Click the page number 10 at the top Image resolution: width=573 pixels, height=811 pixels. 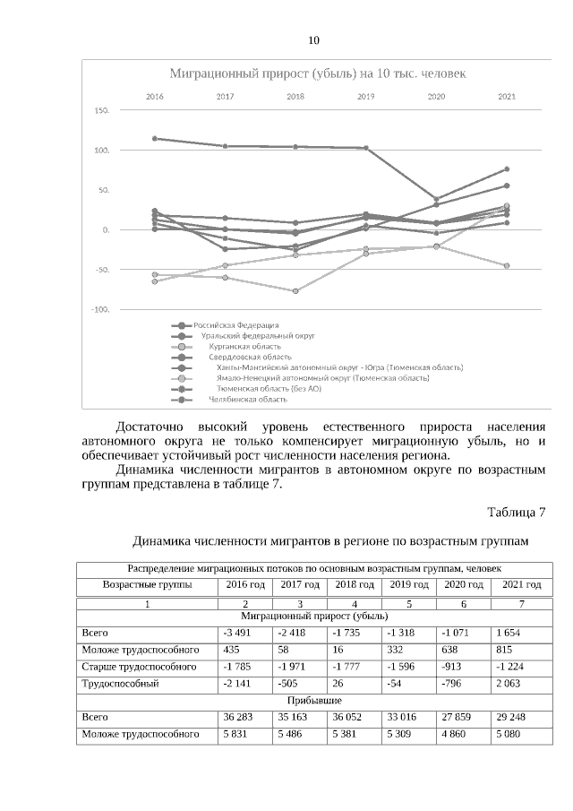tap(312, 41)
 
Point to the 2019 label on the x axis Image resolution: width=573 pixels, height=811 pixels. tap(366, 95)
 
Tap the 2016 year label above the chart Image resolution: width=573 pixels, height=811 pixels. tap(155, 95)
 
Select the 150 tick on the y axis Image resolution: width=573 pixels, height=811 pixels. tap(101, 111)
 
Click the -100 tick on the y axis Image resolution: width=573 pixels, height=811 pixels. tap(100, 309)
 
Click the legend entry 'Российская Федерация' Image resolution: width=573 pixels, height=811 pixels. tap(236, 324)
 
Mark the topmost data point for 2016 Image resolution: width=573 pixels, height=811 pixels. tap(155, 139)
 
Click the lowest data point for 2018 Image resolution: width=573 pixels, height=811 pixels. tap(295, 291)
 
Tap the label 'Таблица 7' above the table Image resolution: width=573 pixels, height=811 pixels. tap(516, 513)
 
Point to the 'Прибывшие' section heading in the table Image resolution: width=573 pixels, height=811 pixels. tap(313, 701)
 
